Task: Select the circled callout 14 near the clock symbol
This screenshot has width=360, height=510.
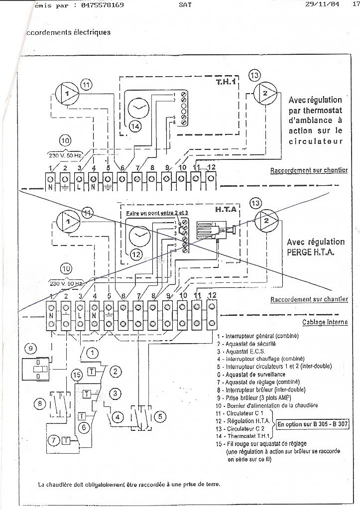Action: (134, 127)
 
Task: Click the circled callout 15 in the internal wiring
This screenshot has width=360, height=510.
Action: (76, 375)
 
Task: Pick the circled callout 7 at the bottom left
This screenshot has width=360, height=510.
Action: (53, 440)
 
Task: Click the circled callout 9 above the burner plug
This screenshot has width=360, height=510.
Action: (31, 348)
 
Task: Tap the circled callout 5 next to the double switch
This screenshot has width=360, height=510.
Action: (159, 415)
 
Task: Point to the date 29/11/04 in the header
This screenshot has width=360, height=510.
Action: (323, 5)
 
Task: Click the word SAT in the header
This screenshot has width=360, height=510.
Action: (184, 5)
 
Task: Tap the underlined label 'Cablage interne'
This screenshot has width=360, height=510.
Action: (325, 322)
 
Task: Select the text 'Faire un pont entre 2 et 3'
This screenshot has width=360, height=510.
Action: (153, 213)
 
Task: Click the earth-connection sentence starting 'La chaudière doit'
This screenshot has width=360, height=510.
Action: (128, 484)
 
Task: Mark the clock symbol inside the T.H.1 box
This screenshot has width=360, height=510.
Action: (138, 108)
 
